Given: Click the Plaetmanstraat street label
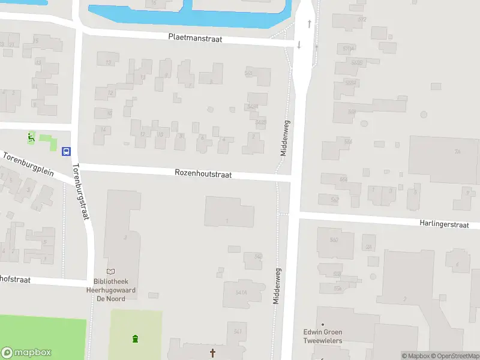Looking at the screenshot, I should [x=195, y=38].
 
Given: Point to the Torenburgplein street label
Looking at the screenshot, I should [x=28, y=164].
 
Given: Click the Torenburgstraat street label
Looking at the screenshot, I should [x=80, y=191].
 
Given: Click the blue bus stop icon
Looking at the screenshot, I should [x=67, y=151].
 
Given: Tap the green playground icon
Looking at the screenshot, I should [x=31, y=138].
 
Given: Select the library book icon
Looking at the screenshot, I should [x=110, y=272].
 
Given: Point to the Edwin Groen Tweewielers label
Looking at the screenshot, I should [x=322, y=337].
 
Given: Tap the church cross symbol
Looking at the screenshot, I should [x=212, y=353].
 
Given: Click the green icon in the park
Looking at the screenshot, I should [x=136, y=339].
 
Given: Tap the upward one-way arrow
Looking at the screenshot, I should [x=310, y=24].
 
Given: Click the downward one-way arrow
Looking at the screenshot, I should [x=299, y=45].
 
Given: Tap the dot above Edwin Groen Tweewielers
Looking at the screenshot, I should [x=322, y=325].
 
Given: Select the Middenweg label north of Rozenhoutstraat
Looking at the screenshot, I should [x=285, y=137].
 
